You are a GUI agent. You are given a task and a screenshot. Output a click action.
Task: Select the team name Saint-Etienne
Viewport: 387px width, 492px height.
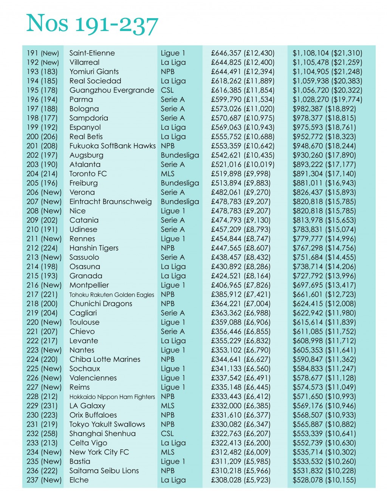click(x=92, y=53)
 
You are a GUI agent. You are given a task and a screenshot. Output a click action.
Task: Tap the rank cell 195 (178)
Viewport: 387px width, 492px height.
click(x=42, y=90)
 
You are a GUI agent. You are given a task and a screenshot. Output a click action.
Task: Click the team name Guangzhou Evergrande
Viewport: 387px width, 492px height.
click(x=111, y=90)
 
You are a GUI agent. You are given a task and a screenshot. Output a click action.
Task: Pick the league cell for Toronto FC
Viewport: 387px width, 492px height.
click(x=167, y=174)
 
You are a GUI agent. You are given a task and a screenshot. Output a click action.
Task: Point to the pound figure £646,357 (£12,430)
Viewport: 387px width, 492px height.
click(x=243, y=53)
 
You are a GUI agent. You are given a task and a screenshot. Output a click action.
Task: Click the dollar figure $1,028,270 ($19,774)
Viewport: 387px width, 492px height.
click(x=327, y=100)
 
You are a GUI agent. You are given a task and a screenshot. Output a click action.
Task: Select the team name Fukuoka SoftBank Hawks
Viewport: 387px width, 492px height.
click(x=112, y=146)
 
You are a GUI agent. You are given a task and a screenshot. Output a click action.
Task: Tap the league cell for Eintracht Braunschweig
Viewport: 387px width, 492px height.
click(x=180, y=202)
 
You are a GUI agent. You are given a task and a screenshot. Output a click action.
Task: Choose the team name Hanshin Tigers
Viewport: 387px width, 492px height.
click(x=94, y=248)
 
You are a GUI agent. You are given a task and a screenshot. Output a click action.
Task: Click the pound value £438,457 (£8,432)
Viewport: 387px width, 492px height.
click(x=241, y=257)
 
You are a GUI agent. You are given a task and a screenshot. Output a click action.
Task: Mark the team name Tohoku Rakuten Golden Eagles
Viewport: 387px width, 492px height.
click(x=111, y=294)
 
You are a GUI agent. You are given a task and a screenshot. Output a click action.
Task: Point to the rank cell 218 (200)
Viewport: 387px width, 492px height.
click(x=42, y=304)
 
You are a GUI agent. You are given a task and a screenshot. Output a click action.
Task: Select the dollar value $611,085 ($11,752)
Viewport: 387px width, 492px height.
click(x=324, y=332)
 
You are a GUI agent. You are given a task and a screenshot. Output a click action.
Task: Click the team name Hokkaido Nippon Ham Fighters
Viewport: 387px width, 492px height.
click(x=112, y=397)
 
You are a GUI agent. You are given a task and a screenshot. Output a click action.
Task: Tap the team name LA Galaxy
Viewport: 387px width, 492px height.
click(x=87, y=406)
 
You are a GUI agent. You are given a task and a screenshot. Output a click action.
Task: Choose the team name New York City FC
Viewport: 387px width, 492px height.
click(x=99, y=452)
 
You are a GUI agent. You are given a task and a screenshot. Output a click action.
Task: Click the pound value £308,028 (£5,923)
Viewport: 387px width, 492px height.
click(x=241, y=480)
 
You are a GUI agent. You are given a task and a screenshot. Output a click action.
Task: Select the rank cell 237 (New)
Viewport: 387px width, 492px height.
click(x=44, y=480)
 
